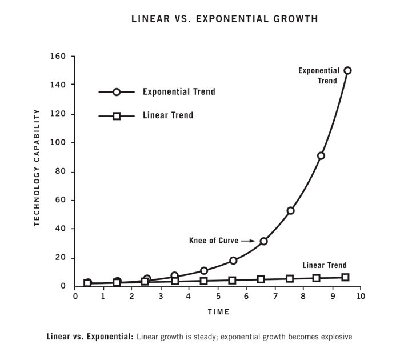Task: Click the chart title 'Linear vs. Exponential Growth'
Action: coord(225,19)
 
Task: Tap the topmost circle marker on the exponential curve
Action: coord(347,70)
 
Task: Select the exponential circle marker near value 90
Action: coord(321,155)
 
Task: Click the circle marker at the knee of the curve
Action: coord(263,241)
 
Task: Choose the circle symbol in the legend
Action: coord(117,91)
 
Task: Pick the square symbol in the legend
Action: coord(117,115)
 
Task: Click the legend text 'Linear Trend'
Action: coord(168,115)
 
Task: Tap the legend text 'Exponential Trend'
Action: coord(179,91)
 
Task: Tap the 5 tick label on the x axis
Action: coord(217,297)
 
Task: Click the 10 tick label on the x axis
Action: coord(361,297)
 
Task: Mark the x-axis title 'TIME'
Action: coord(218,312)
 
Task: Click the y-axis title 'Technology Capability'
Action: coord(37,168)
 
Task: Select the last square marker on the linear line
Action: coord(345,277)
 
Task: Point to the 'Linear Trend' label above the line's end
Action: coord(324,265)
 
